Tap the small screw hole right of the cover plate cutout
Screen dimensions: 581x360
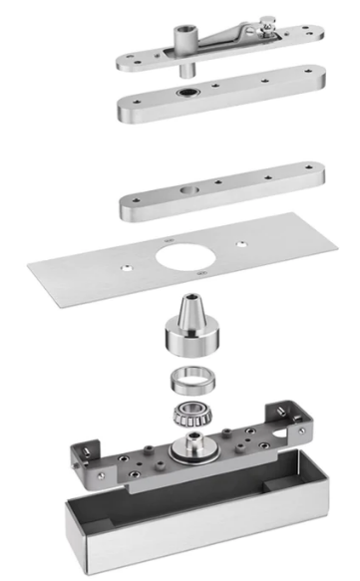[239, 240]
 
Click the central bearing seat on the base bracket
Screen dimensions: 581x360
[186, 447]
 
